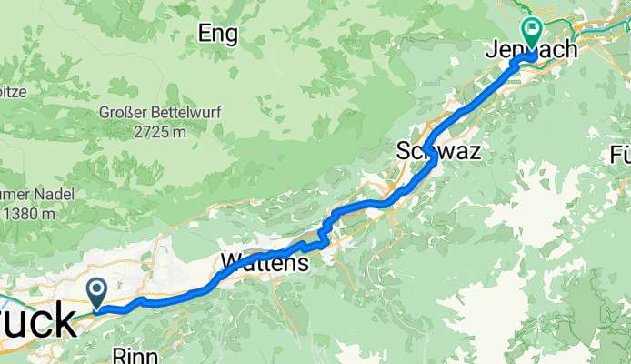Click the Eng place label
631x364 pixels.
[x=218, y=35]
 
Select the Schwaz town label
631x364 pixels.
[x=437, y=151]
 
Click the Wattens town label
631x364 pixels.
[x=265, y=264]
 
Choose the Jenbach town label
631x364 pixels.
[x=536, y=49]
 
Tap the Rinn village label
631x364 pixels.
[x=134, y=354]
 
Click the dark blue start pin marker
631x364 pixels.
[x=97, y=291]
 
